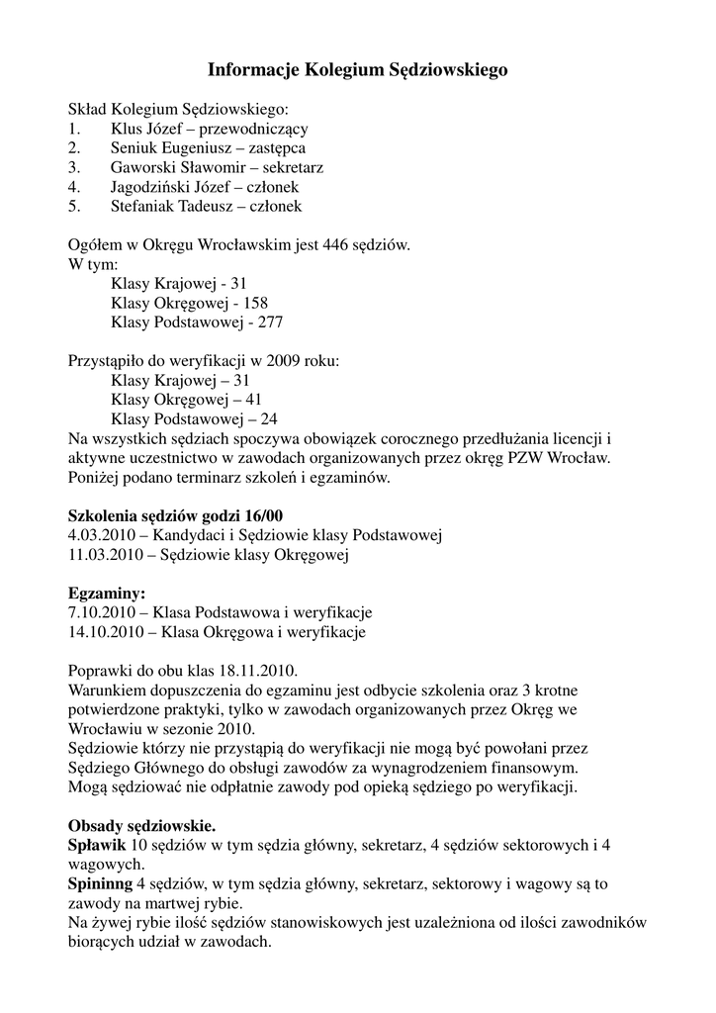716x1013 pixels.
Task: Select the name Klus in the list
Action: [127, 129]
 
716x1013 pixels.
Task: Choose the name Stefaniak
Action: [142, 207]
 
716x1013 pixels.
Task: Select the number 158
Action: [255, 303]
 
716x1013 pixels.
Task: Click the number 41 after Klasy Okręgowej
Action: [253, 400]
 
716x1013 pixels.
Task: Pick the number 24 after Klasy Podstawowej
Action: [268, 419]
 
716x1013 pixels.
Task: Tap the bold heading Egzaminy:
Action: [107, 594]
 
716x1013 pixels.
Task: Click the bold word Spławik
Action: [97, 845]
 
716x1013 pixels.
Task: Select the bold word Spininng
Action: [100, 883]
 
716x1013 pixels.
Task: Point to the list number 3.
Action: [73, 167]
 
